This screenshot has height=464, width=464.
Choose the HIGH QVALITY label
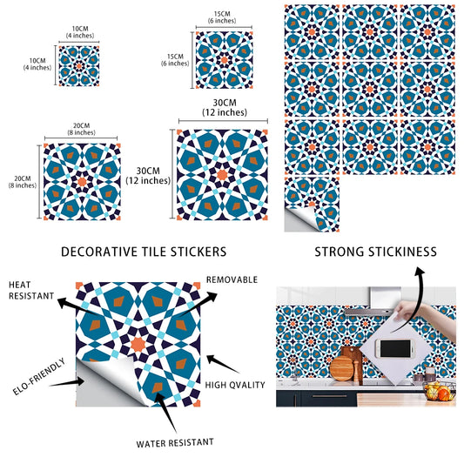click(236, 383)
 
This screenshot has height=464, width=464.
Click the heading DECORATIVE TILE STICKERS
click(144, 252)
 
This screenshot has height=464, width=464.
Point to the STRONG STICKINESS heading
click(375, 252)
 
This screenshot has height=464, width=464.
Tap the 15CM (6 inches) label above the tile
click(221, 18)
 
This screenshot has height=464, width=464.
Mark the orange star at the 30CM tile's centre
click(221, 174)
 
